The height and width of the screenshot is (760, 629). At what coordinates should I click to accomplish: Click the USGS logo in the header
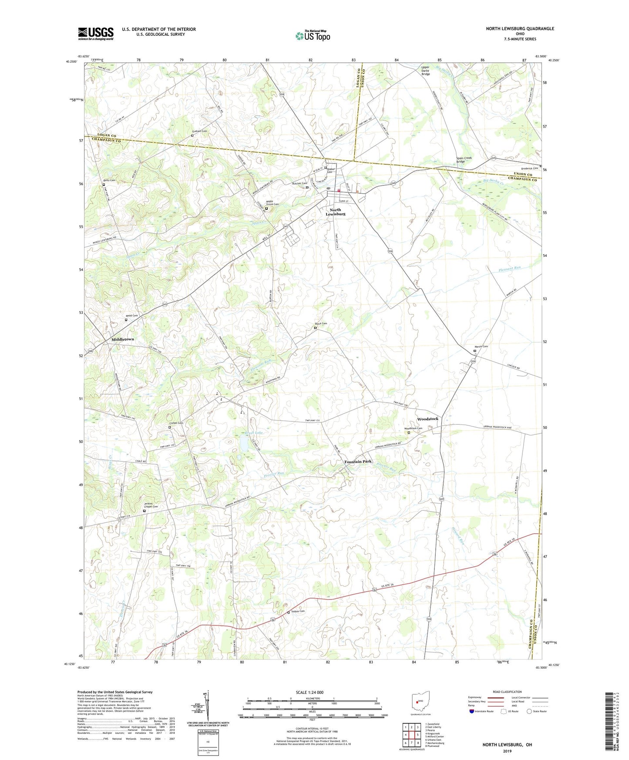[x=96, y=34]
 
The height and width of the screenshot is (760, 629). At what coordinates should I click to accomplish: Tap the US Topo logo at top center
[x=312, y=36]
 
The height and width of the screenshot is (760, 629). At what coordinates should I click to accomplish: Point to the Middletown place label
[x=123, y=339]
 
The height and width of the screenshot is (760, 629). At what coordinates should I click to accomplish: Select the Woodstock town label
[x=427, y=419]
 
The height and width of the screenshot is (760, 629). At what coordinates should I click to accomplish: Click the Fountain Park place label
[x=358, y=461]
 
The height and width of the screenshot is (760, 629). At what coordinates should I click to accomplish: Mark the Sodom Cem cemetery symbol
[x=289, y=612]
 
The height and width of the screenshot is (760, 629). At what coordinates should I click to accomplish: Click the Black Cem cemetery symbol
[x=316, y=328]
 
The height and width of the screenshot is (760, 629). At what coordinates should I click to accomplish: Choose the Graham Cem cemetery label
[x=199, y=131]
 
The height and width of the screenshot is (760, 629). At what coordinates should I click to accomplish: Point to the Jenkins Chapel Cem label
[x=151, y=505]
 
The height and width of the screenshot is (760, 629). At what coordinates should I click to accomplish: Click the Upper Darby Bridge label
[x=426, y=71]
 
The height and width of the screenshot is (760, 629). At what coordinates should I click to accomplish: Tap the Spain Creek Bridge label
[x=464, y=160]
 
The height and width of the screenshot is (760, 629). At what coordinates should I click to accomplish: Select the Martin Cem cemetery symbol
[x=475, y=351]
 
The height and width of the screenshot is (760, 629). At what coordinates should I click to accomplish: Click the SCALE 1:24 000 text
[x=309, y=692]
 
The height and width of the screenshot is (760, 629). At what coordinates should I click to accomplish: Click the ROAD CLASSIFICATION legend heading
[x=507, y=692]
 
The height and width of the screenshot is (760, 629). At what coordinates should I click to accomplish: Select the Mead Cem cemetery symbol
[x=126, y=320]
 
